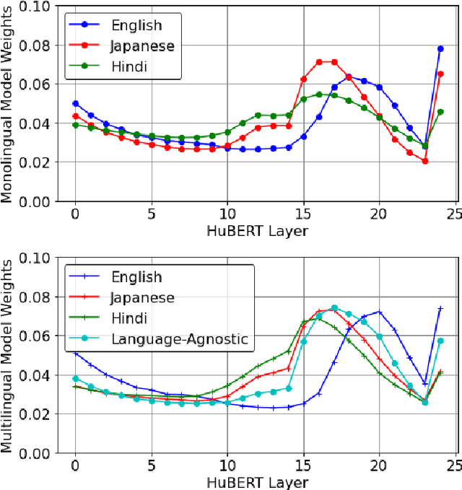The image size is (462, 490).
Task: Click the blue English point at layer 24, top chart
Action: tap(440, 49)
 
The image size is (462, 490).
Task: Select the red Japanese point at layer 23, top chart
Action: tap(425, 161)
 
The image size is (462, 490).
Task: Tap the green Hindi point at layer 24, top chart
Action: tap(440, 112)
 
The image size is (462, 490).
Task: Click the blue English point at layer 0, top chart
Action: tap(75, 103)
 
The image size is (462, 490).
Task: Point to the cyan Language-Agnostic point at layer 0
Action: tap(75, 378)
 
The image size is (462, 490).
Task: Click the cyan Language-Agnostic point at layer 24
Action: tap(440, 341)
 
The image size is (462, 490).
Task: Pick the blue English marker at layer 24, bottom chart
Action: tap(440, 308)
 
